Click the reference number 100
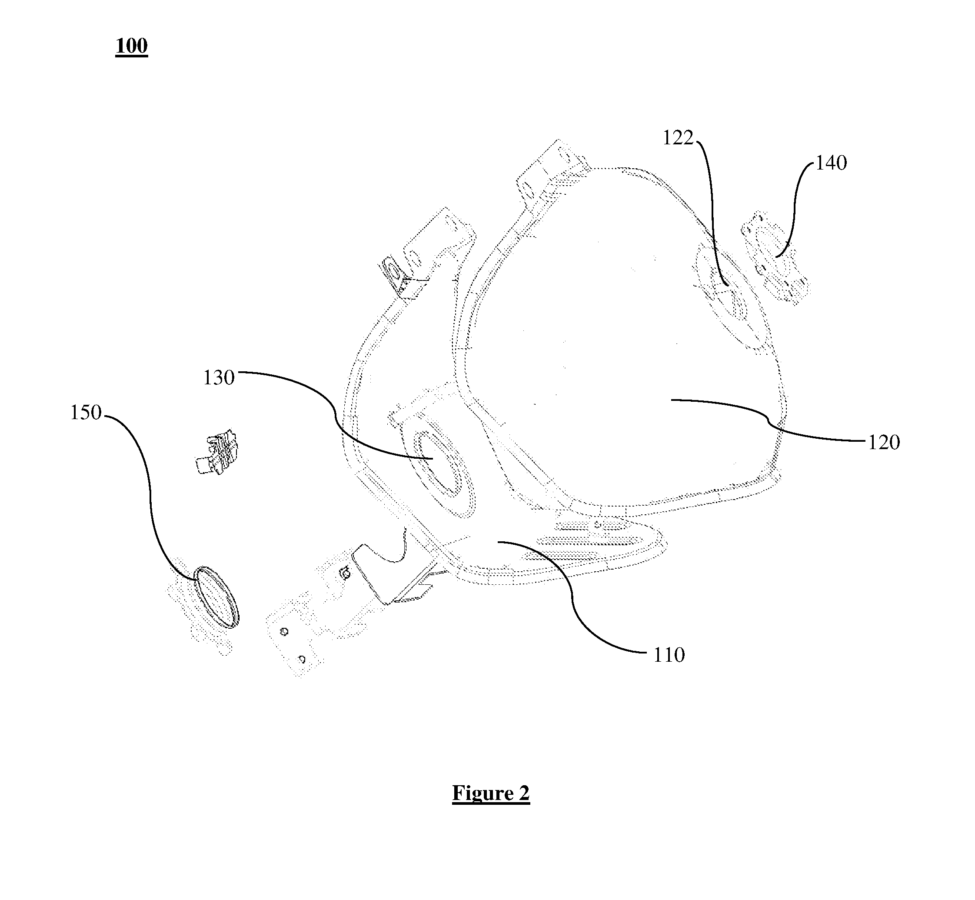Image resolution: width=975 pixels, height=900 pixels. coord(132,46)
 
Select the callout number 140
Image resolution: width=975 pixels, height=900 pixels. coord(831,163)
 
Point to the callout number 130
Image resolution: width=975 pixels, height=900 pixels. coord(219,378)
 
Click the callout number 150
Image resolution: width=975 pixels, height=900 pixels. coord(86,413)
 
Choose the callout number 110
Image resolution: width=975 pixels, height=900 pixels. coord(669,655)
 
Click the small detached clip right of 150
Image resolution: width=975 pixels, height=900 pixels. coord(217,452)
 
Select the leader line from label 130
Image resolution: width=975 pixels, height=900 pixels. coord(336,414)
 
